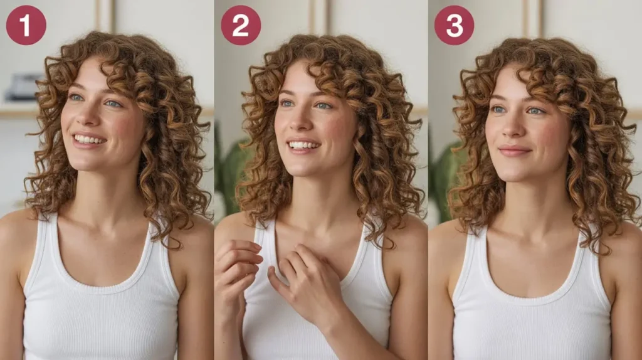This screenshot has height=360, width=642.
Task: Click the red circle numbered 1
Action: coord(26,25)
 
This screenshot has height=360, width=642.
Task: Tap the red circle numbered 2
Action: coord(241,25)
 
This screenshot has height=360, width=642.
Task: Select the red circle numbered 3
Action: coord(454,25)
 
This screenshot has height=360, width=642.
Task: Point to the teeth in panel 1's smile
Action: coord(89,140)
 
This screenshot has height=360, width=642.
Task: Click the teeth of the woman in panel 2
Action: coord(303,146)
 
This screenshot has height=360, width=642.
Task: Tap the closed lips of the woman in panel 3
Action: coord(513,151)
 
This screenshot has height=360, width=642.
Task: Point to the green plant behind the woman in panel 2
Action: coord(233,172)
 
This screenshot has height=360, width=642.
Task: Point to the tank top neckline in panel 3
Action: coord(532,301)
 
